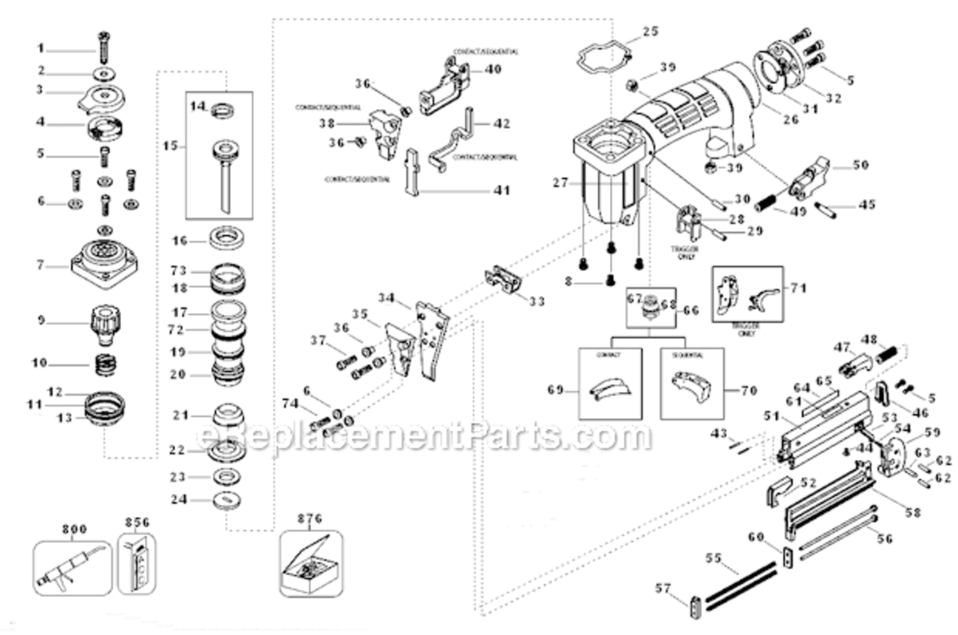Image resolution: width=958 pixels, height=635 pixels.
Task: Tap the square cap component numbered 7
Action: point(104,263)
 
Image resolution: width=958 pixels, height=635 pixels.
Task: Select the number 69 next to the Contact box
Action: point(556,390)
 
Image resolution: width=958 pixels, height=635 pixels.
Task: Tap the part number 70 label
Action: point(748,391)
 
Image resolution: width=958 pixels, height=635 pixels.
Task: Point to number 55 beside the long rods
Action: point(712,559)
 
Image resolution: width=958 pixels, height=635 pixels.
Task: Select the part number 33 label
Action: point(536,301)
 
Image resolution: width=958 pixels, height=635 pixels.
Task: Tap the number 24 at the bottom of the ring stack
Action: point(178,499)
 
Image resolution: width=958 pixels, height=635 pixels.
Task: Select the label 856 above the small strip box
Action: point(136,522)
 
